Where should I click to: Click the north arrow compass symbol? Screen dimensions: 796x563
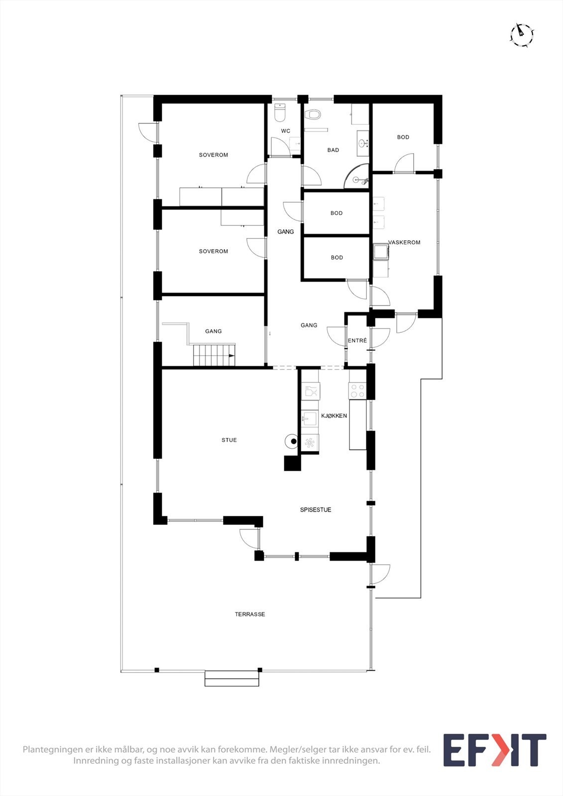tap(522, 35)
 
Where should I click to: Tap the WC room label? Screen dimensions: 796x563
tap(285, 131)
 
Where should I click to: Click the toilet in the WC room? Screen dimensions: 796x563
tap(281, 113)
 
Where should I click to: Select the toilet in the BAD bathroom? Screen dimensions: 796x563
tap(313, 115)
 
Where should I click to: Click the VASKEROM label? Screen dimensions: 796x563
tap(405, 243)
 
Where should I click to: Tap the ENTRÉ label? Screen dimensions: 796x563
tap(357, 341)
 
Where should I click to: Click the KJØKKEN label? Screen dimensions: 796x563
tap(334, 416)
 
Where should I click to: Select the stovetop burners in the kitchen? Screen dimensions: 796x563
tap(357, 391)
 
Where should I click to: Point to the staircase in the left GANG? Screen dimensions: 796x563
tap(214, 355)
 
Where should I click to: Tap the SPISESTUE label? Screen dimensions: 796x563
tap(315, 510)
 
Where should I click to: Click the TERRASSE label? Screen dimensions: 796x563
tap(250, 614)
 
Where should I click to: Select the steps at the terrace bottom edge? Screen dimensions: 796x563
tap(232, 679)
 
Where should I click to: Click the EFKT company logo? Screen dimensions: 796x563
tap(494, 750)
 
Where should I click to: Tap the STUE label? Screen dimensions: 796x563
tap(229, 440)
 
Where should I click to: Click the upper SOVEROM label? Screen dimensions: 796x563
tap(213, 155)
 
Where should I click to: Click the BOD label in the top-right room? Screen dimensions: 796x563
tap(403, 137)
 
